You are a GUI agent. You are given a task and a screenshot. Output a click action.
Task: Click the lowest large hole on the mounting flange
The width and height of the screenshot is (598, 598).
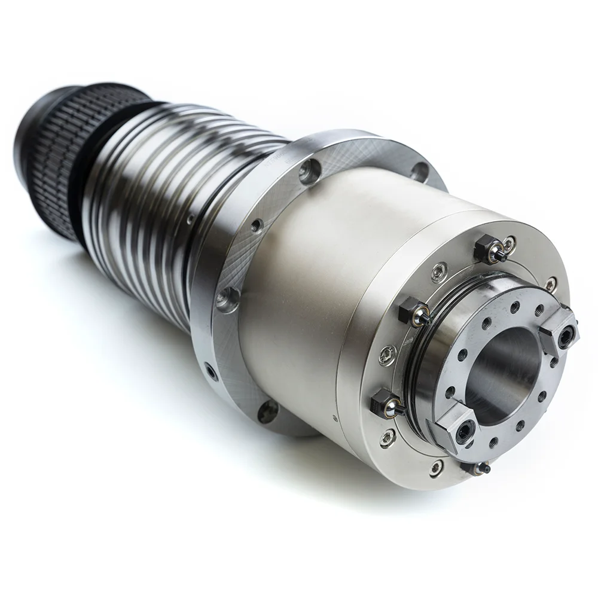(267, 411)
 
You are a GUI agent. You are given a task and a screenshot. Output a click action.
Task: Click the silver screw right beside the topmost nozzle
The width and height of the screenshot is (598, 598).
(509, 243)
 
